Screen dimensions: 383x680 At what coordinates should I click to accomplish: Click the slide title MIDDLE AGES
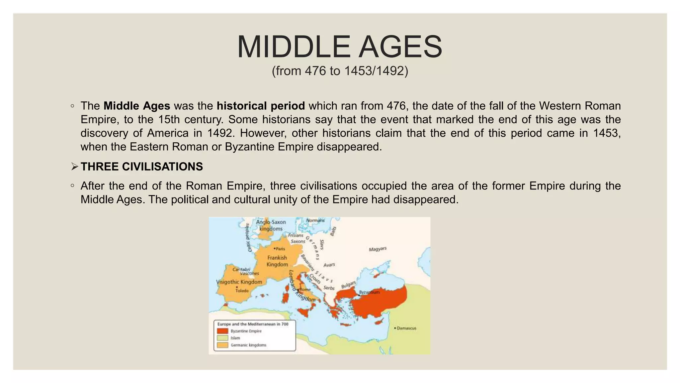[340, 47]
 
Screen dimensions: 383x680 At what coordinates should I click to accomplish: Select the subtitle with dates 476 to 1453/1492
[340, 71]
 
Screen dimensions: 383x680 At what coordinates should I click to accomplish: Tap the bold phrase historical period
[261, 106]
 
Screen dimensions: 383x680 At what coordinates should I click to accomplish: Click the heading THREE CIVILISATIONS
[141, 167]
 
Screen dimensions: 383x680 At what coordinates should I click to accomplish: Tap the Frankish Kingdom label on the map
[277, 261]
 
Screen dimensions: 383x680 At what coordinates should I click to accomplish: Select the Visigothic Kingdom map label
[239, 282]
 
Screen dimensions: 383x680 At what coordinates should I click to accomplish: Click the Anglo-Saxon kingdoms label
[271, 225]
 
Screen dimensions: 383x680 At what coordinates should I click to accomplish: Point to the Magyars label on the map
[378, 249]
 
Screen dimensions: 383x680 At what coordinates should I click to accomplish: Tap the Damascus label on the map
[406, 328]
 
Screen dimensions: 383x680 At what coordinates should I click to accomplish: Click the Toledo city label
[242, 291]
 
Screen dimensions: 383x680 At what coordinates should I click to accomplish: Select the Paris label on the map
[280, 249]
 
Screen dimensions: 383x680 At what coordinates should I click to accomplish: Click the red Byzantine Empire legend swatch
[222, 331]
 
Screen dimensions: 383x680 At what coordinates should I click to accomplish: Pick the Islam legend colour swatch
[222, 338]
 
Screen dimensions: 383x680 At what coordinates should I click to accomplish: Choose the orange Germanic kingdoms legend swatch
[222, 345]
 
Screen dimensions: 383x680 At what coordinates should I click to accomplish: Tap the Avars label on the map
[329, 265]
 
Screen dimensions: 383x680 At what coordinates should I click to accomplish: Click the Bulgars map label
[349, 285]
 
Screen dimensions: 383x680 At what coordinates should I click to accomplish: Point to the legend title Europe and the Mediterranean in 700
[253, 324]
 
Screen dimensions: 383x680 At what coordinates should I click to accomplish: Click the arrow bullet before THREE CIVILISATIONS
[74, 167]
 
